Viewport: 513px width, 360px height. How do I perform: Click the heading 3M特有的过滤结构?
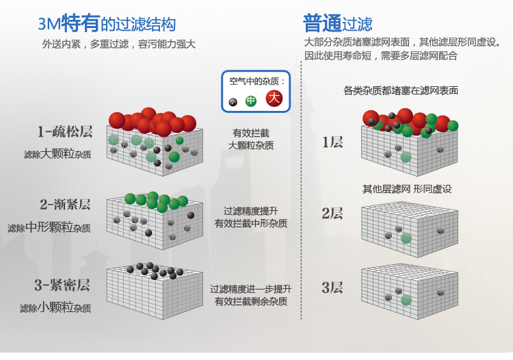pos(107,25)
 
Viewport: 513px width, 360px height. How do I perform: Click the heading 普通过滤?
pos(337,25)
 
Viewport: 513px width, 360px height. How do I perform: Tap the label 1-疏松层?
pos(65,131)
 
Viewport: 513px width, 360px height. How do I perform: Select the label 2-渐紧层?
pos(65,204)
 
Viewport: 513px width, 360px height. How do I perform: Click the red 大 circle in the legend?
pos(274,99)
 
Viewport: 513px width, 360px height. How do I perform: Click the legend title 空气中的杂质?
pos(256,81)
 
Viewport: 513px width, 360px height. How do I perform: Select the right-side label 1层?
pos(332,142)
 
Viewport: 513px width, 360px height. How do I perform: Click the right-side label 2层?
pos(332,214)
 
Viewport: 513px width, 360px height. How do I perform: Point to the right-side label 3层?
pos(332,287)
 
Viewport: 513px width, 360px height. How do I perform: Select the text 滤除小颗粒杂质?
pos(55,307)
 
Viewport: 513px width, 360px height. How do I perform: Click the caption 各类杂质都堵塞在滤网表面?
pos(401,90)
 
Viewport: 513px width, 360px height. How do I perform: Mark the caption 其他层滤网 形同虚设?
pos(407,189)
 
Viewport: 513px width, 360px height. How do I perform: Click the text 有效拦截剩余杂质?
pos(251,302)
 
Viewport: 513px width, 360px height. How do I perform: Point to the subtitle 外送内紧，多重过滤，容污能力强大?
pos(119,44)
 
